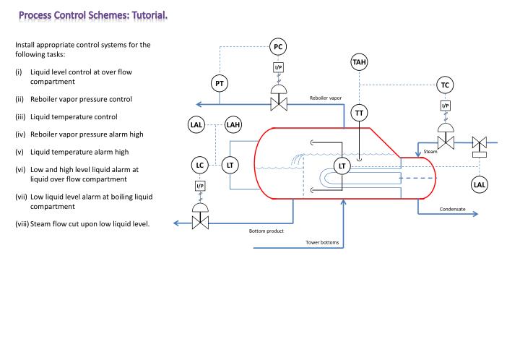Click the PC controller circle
(x=278, y=47)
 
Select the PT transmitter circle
(x=220, y=84)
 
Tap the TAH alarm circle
(x=359, y=62)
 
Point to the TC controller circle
(x=446, y=85)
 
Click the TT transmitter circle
(x=359, y=113)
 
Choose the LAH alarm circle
(x=234, y=125)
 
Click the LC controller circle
(x=200, y=166)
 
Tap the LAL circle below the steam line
(x=480, y=184)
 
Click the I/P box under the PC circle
(x=278, y=68)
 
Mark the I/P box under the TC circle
(x=446, y=106)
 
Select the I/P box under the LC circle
(x=200, y=187)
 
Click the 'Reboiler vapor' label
(x=326, y=98)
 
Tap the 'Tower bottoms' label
(x=321, y=242)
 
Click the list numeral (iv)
(x=19, y=134)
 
